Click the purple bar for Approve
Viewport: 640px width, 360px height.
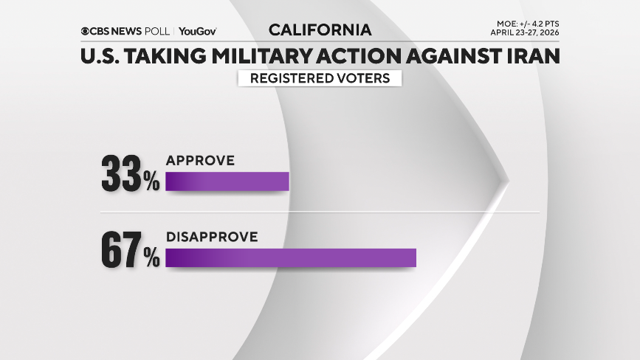227,181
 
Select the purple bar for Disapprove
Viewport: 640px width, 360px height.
291,258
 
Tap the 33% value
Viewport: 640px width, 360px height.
130,175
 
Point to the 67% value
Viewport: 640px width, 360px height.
130,252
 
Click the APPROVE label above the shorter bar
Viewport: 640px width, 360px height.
200,160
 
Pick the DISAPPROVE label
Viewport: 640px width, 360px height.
212,237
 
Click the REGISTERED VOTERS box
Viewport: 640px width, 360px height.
320,77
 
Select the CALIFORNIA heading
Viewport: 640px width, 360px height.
320,30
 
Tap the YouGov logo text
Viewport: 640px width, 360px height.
197,31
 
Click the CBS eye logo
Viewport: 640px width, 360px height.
86,31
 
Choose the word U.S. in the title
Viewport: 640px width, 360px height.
101,56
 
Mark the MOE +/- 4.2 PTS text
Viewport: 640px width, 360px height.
529,24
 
